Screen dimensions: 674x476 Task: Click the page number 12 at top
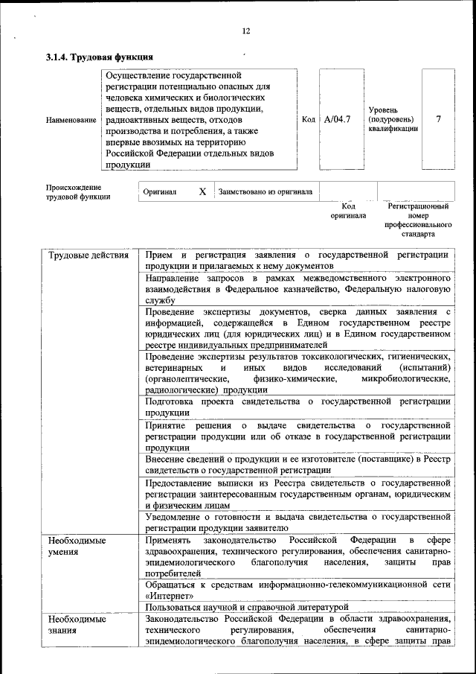(246, 31)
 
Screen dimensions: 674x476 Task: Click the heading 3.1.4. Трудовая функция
(100, 57)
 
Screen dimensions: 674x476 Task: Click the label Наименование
(71, 120)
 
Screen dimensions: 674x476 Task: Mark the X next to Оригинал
(202, 191)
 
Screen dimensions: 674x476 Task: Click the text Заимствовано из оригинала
(266, 191)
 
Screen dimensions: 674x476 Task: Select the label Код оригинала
(348, 211)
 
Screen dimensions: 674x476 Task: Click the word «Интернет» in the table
(170, 596)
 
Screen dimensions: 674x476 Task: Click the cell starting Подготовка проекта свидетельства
(297, 407)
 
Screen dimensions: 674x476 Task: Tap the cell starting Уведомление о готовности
(297, 521)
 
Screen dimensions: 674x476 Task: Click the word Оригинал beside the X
(160, 191)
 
